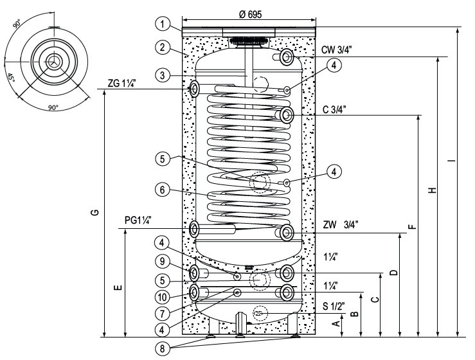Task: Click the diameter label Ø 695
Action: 249,14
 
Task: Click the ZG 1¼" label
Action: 121,83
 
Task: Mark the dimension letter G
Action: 95,212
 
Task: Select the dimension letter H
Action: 433,190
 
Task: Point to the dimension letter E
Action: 116,287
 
